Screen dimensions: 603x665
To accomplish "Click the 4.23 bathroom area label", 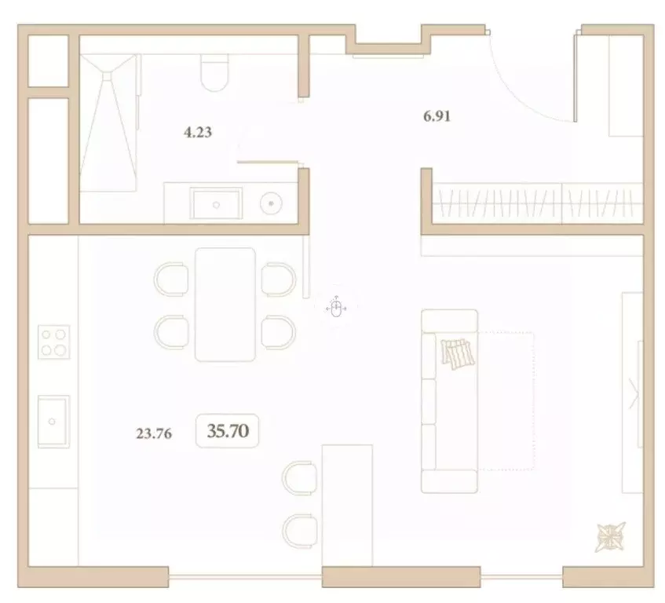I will click(x=198, y=133).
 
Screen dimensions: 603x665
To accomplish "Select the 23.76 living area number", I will click(x=154, y=432).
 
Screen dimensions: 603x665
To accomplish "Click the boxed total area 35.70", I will click(x=228, y=430).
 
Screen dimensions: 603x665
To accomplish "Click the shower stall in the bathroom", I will click(x=109, y=122).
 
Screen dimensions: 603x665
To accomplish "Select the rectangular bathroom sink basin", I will click(x=216, y=203).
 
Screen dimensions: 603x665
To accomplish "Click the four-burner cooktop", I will click(x=53, y=342).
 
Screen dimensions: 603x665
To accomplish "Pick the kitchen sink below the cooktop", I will click(x=53, y=421).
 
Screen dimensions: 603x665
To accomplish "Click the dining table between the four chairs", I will click(x=225, y=304).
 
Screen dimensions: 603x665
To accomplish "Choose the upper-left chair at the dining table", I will click(x=171, y=279).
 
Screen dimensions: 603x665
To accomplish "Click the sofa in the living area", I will click(x=449, y=400).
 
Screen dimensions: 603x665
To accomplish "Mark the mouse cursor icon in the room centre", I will click(x=336, y=308).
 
